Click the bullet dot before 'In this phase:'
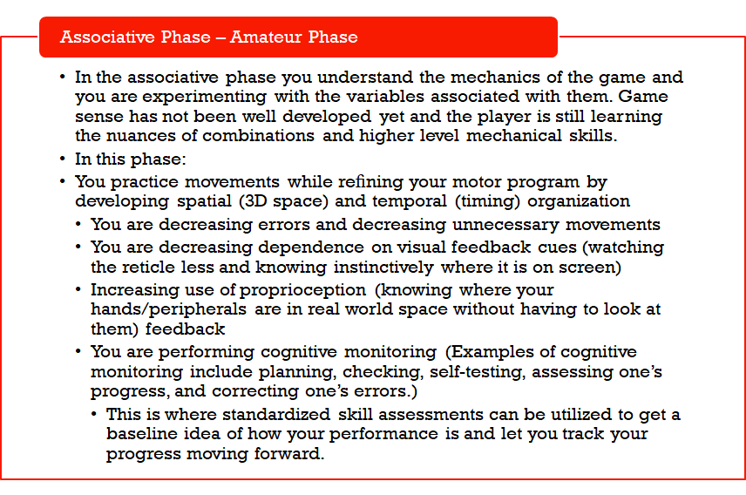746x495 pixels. click(x=64, y=159)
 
